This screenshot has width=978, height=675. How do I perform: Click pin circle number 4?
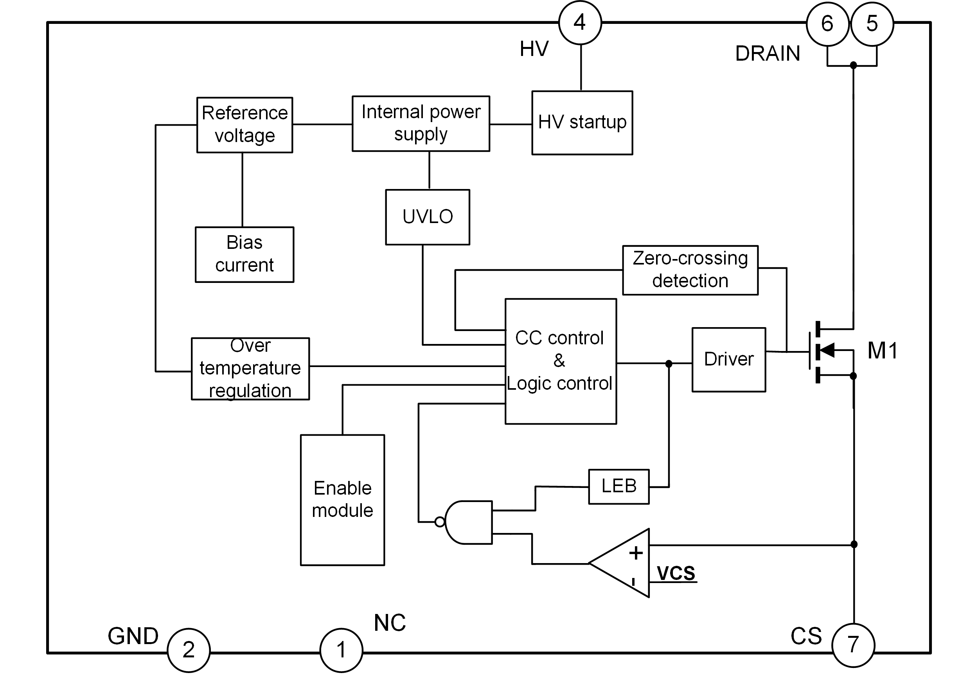(580, 23)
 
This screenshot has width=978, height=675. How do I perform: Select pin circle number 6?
(827, 24)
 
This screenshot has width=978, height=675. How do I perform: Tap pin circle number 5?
(872, 24)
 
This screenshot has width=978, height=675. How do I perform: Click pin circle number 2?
(189, 650)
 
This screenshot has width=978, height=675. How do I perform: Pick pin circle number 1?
(341, 650)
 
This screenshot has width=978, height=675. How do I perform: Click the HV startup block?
(582, 122)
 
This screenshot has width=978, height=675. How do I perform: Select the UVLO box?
(428, 217)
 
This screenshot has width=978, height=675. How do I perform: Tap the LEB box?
(618, 486)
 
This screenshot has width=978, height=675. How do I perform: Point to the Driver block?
(728, 360)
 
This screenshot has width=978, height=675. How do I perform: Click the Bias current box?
(244, 254)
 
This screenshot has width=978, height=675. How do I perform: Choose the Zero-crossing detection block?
(690, 270)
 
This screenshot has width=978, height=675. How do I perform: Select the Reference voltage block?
(244, 125)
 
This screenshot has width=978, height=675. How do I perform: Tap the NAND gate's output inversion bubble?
(440, 522)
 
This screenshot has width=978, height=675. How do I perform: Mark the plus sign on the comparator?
(636, 553)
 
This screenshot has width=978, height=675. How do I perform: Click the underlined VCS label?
(676, 574)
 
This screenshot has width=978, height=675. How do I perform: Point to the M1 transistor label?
(882, 351)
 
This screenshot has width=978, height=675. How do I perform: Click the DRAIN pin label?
(768, 54)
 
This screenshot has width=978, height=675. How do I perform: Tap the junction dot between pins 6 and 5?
(853, 65)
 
